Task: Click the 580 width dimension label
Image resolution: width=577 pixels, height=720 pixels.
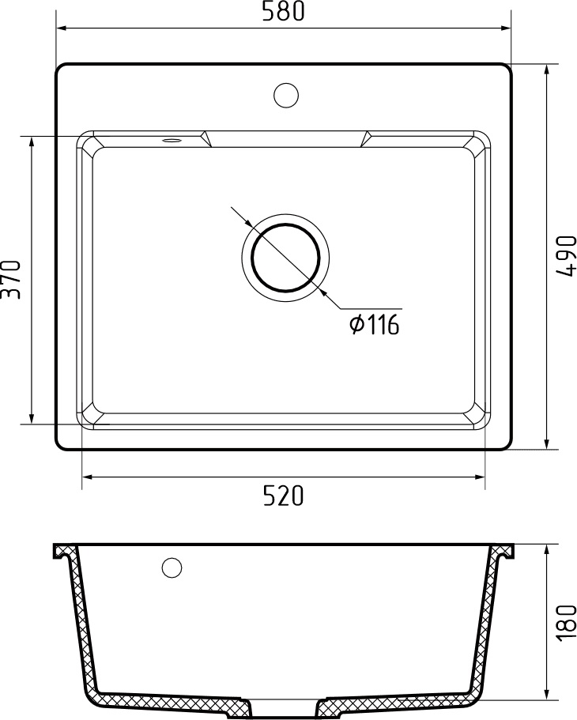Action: point(283,12)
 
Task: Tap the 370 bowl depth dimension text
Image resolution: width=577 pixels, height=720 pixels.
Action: point(11,279)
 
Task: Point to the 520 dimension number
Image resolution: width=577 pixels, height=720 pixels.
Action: point(284,496)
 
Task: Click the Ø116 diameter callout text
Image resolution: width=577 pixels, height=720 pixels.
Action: point(375,325)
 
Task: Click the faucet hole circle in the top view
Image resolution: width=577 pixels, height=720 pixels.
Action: point(286,95)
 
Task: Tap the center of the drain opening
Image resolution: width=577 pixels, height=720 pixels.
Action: point(285,258)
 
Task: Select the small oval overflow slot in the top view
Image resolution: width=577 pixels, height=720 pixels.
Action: point(172,140)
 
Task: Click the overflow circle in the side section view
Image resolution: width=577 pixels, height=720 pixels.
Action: point(172,567)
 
